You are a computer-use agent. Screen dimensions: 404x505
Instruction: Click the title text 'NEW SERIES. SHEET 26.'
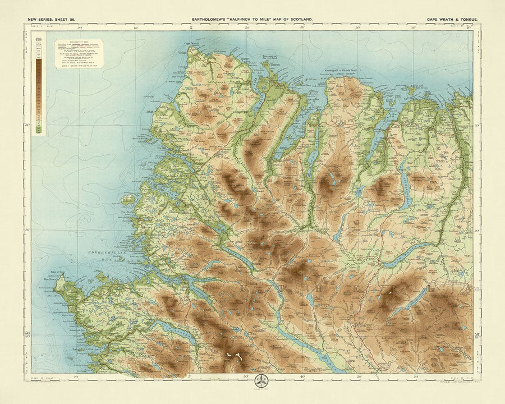[x=49, y=20]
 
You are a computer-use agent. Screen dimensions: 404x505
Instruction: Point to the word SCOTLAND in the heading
[x=299, y=20]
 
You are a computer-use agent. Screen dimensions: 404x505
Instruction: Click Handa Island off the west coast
[x=128, y=199]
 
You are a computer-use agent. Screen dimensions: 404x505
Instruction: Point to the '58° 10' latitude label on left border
[x=27, y=335]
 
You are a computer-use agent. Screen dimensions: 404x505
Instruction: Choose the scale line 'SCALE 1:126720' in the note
[x=78, y=66]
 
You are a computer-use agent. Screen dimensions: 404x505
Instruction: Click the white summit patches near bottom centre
[x=233, y=356]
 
